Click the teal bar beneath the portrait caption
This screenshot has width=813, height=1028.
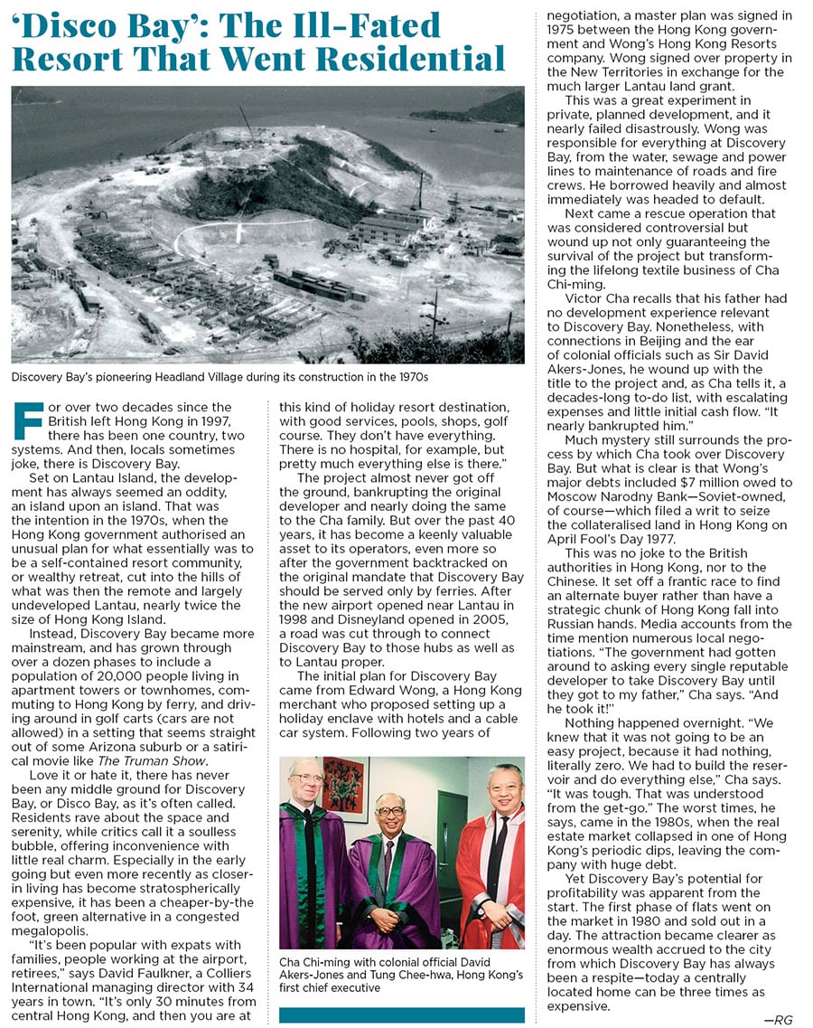click(401, 1015)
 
